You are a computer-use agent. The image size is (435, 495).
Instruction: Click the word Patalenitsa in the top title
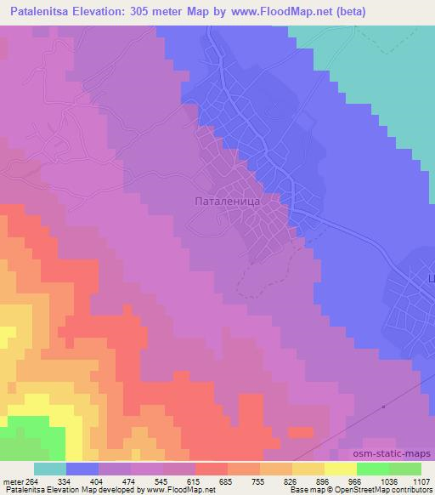47,11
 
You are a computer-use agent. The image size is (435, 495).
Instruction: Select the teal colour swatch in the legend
49,469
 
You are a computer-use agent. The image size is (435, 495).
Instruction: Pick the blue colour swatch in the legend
82,469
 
